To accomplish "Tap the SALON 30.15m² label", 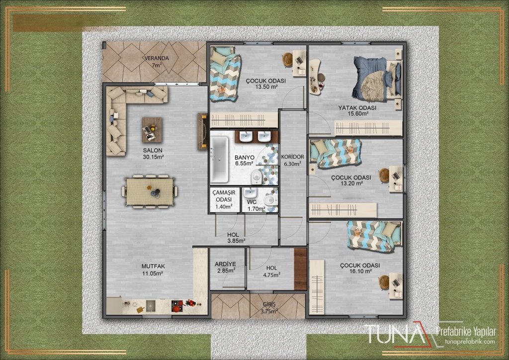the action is click(153, 154).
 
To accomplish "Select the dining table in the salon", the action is click(150, 191).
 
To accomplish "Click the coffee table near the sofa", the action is click(152, 130).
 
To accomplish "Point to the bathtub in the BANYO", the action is click(219, 159).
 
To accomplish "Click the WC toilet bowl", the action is click(270, 200).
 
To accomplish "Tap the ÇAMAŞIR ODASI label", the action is click(224, 196).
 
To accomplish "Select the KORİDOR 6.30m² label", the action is click(292, 160).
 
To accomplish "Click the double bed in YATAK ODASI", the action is click(377, 79).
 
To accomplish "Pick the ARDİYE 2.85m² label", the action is click(225, 267).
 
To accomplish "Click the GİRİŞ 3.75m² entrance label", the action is click(269, 308).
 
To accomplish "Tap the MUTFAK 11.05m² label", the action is click(153, 270).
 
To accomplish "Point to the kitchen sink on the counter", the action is click(151, 305).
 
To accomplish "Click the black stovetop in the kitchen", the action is click(177, 306).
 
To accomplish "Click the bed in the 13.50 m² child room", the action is click(225, 74).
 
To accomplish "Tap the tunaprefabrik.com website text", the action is click(471, 341).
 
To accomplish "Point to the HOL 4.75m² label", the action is click(272, 271).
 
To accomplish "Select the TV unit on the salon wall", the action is click(203, 131).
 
